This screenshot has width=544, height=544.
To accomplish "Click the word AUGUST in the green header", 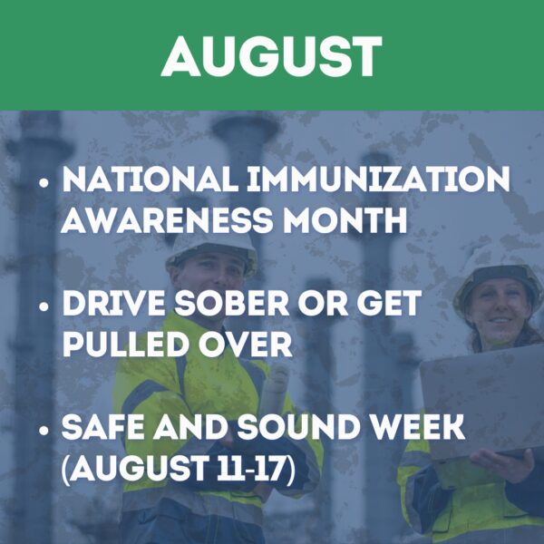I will pyautogui.click(x=272, y=56).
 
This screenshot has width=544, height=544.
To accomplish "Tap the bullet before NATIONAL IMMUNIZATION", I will pyautogui.click(x=44, y=182).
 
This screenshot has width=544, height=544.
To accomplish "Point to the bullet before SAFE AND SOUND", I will pyautogui.click(x=44, y=431).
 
